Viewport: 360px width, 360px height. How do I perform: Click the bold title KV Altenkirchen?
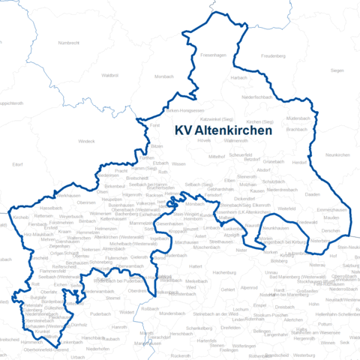coord(223,129)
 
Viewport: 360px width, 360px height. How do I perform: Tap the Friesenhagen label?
coord(213,55)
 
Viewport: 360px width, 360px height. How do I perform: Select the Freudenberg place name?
coord(273,56)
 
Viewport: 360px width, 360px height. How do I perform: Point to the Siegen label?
coord(337,70)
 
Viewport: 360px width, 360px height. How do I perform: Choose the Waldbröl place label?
coord(109,75)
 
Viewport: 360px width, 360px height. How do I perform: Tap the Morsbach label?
coord(163,77)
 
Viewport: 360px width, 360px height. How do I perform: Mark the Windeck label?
coord(87,141)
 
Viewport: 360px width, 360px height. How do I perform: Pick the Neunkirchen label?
coord(338,154)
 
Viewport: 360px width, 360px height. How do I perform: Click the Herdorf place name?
coord(299,162)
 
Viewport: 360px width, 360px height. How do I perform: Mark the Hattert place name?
coord(196,266)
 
